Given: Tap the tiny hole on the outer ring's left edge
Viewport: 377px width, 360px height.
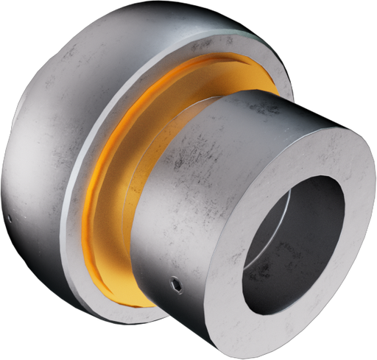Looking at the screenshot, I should click(10, 219).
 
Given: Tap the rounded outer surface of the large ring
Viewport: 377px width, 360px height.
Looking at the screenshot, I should click(44, 147).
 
